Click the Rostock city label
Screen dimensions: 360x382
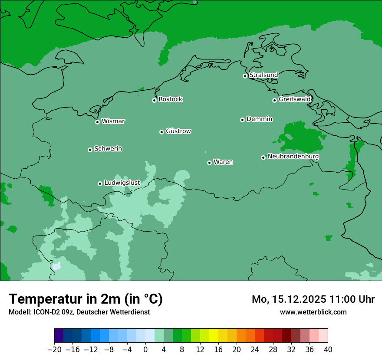[x=170, y=99]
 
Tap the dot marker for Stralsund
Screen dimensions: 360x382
[x=245, y=76]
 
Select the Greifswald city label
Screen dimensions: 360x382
[x=294, y=99]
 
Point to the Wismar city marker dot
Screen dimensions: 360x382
[x=97, y=122]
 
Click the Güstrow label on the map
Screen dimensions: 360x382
[x=178, y=131]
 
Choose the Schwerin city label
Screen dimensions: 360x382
[x=108, y=149]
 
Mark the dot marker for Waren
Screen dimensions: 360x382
[x=209, y=163]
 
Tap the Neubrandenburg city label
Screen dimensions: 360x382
[x=293, y=157]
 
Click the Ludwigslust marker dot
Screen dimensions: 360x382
[x=100, y=183]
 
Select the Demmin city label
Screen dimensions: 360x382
[x=259, y=119]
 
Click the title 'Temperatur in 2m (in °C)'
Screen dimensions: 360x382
[x=86, y=299]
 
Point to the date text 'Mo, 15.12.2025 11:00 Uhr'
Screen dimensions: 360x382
[x=313, y=299]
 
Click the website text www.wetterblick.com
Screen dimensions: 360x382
[x=313, y=312]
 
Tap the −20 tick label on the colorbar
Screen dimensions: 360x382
[x=54, y=350]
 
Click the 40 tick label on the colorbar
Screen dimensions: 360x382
[x=328, y=350]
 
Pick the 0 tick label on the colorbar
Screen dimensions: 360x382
[x=145, y=350]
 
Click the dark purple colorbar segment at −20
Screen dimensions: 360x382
[x=59, y=336]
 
